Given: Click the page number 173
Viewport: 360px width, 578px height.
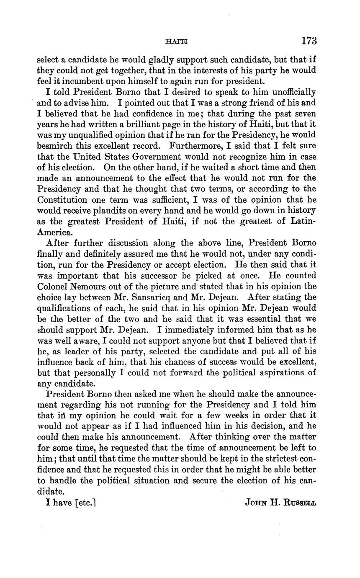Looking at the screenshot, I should pyautogui.click(x=308, y=41).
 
